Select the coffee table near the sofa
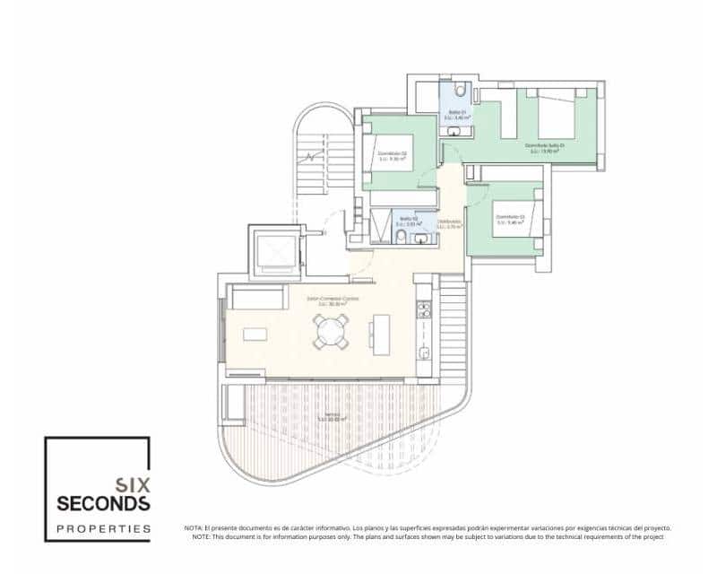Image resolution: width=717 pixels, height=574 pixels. [255, 335]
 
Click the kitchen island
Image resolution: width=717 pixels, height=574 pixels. [383, 329]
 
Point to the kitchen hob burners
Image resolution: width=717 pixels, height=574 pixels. [424, 310]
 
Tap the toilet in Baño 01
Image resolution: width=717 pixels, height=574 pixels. [458, 89]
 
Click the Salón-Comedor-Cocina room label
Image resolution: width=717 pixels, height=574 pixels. [327, 300]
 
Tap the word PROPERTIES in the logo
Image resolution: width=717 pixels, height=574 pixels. [103, 529]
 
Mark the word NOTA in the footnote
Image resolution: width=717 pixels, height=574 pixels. [194, 528]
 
